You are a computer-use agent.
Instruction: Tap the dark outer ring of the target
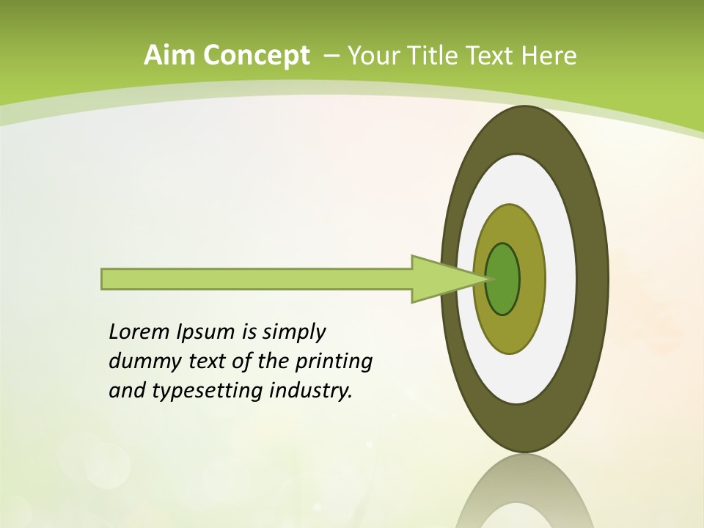click(593, 279)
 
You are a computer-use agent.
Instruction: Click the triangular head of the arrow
click(440, 279)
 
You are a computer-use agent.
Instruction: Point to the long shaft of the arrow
click(257, 279)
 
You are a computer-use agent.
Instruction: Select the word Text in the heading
click(494, 55)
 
